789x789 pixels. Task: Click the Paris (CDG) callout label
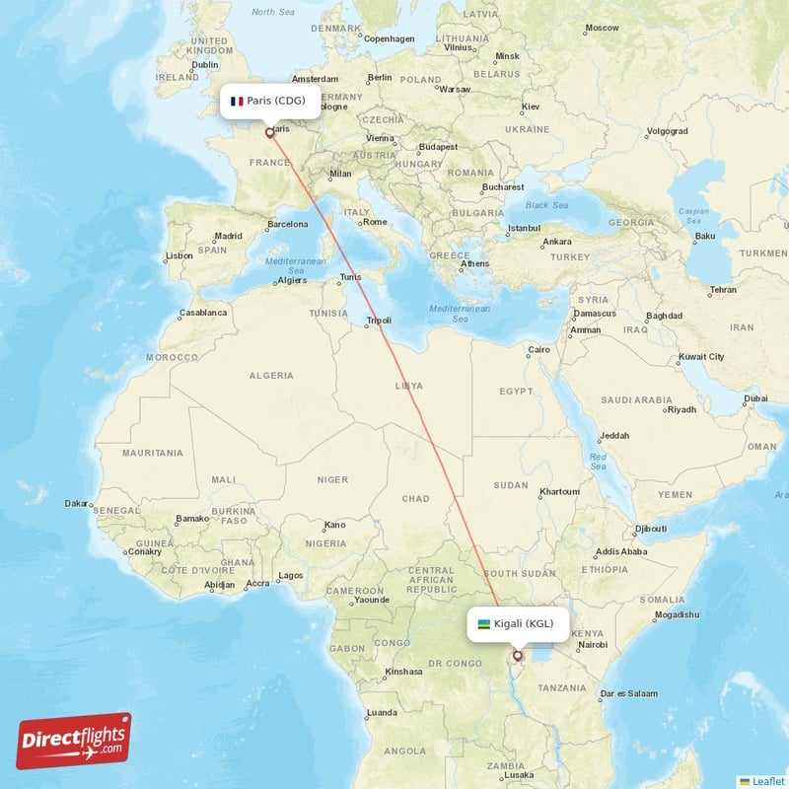(269, 101)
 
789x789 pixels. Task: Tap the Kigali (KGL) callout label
(518, 624)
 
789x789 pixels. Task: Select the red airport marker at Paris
(269, 130)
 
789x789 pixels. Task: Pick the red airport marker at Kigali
(518, 654)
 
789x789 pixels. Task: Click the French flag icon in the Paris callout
(237, 101)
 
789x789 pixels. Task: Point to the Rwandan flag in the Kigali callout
(484, 624)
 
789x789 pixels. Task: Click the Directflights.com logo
(74, 741)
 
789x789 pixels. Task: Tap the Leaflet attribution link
(768, 780)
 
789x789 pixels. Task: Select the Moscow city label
(602, 28)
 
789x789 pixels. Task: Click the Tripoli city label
(379, 320)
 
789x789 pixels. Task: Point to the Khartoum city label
(559, 491)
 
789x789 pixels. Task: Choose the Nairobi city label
(593, 644)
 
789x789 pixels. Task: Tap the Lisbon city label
(179, 255)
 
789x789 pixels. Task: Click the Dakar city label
(76, 503)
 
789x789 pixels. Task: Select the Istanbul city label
(524, 229)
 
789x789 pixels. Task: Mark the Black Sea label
(546, 205)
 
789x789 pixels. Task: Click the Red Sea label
(598, 460)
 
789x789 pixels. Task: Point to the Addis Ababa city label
(621, 551)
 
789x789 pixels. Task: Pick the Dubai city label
(755, 397)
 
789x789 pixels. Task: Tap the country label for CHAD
(415, 499)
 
